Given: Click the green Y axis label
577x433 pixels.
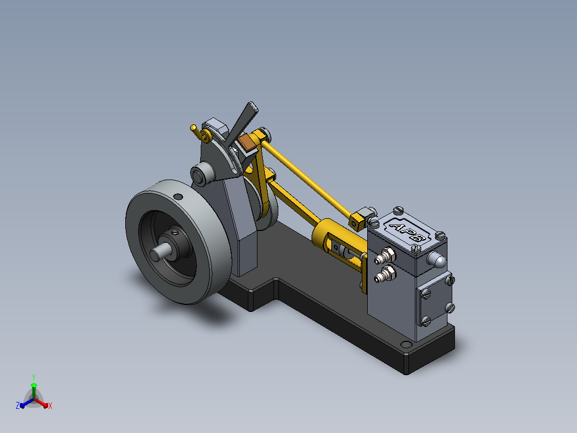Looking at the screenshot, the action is pyautogui.click(x=34, y=377).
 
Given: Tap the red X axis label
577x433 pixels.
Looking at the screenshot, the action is pyautogui.click(x=50, y=406).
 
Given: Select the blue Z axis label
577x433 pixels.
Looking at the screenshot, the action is pyautogui.click(x=18, y=405).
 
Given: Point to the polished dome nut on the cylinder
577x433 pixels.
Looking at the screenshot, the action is pyautogui.click(x=437, y=259).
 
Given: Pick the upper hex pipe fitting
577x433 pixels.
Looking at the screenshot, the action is pyautogui.click(x=385, y=256).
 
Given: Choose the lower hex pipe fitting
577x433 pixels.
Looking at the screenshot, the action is pyautogui.click(x=385, y=274).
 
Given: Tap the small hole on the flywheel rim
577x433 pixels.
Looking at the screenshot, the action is pyautogui.click(x=178, y=197).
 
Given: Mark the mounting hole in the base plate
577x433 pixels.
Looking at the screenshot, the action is pyautogui.click(x=406, y=345).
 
